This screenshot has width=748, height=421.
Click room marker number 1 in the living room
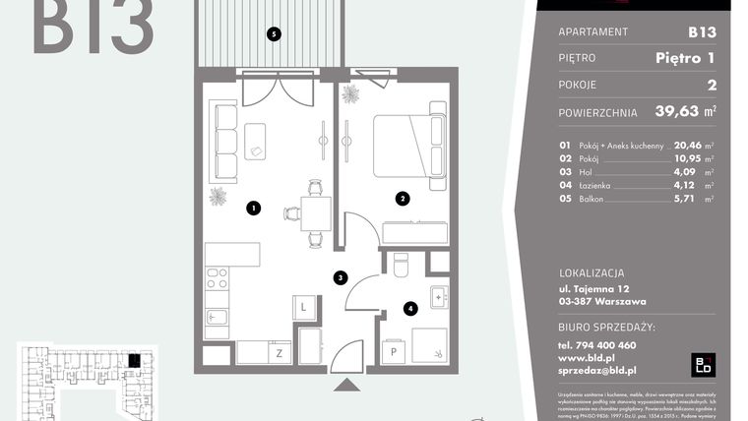tap(254, 208)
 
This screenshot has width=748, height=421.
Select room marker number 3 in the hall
tap(340, 278)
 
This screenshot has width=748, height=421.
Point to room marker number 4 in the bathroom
tap(410, 308)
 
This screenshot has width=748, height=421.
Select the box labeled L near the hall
tap(304, 308)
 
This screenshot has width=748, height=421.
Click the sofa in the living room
tap(225, 142)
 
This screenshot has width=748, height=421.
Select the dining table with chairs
tap(315, 211)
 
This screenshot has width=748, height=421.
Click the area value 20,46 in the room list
tap(692, 144)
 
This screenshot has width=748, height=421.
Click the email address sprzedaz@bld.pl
tap(597, 371)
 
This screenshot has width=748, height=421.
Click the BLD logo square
tap(705, 364)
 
